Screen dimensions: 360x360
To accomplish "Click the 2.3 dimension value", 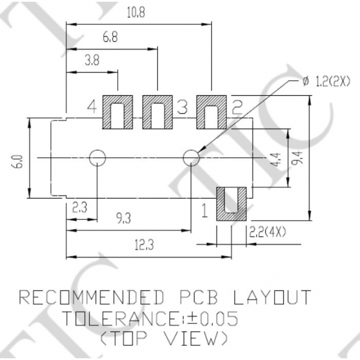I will (x=80, y=207).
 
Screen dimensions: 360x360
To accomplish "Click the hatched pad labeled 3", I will (x=157, y=111).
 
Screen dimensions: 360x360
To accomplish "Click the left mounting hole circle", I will (x=97, y=157).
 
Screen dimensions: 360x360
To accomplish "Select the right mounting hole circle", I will (x=191, y=157).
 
